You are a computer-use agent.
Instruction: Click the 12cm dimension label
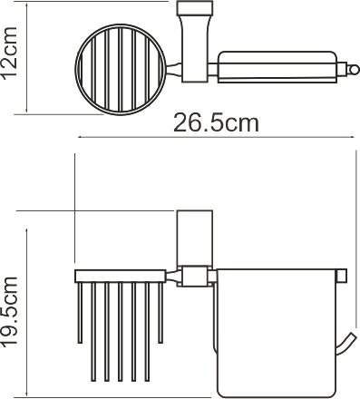[10, 54]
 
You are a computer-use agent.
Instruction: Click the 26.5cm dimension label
[217, 122]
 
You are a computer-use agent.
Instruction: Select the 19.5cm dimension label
[10, 312]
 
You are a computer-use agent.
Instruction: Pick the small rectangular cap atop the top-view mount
[195, 8]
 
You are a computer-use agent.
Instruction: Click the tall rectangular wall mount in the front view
[195, 238]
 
